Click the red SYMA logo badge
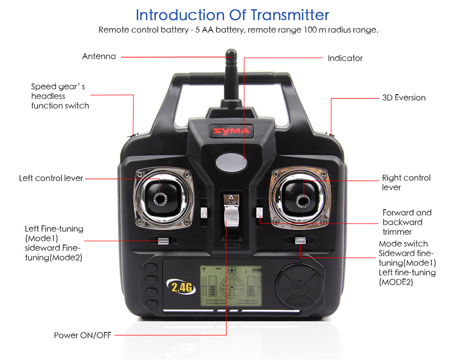pos(231,131)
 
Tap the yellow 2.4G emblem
pos(181,287)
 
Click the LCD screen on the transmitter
pos(231,286)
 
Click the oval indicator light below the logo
pos(231,162)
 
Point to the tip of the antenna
pos(231,51)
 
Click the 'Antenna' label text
pos(99,56)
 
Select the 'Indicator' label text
pos(345,58)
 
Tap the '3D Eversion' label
pos(404,97)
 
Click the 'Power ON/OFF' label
pos(82,335)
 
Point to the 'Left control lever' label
pos(51,178)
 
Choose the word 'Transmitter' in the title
pos(290,15)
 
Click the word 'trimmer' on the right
pos(397,232)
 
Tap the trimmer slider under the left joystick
pos(163,240)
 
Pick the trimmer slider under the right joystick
pos(300,240)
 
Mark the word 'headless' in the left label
pos(48,96)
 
